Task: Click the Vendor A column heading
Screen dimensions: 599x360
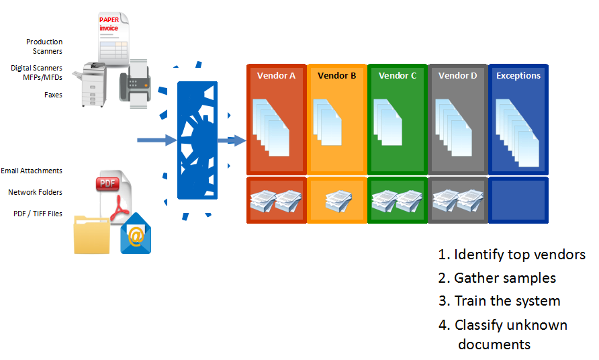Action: coord(276,76)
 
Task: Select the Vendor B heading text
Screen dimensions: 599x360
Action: coord(336,76)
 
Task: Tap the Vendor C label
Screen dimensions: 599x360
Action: coord(398,76)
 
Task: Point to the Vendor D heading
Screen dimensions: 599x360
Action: coord(458,76)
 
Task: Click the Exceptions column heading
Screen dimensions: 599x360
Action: coord(518,76)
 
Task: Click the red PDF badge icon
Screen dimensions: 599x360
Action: coord(107,184)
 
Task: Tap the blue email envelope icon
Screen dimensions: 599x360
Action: coord(136,234)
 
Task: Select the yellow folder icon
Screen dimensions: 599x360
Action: coord(92,234)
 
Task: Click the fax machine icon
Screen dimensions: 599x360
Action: coord(135,84)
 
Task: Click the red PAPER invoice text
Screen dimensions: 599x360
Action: coord(109,24)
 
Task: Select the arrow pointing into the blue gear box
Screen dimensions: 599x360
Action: coord(156,140)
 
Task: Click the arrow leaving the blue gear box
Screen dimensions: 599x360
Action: coord(232,140)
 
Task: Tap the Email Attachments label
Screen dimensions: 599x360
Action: coord(32,171)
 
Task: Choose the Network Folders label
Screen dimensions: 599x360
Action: coord(35,192)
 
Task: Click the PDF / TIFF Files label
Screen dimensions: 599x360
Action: coord(38,214)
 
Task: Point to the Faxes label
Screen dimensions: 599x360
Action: coord(53,95)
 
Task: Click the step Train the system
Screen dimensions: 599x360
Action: coord(500,301)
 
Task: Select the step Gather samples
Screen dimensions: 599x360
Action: coord(497,278)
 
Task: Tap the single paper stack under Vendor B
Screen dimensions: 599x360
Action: coord(338,201)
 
